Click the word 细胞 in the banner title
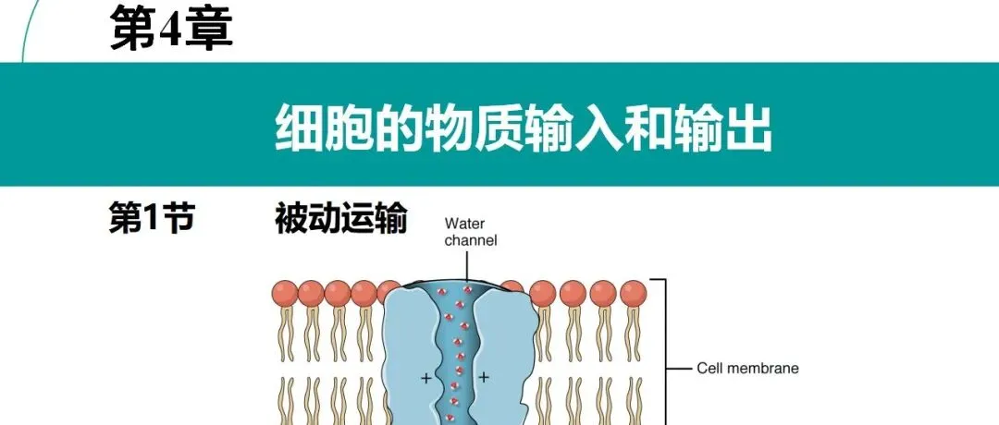click(x=311, y=128)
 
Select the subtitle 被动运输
click(x=340, y=220)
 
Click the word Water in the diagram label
click(x=464, y=223)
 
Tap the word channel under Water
click(x=470, y=240)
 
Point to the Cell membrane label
click(x=747, y=369)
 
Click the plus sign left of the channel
click(x=426, y=378)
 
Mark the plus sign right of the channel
click(x=483, y=378)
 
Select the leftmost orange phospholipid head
click(x=284, y=293)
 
